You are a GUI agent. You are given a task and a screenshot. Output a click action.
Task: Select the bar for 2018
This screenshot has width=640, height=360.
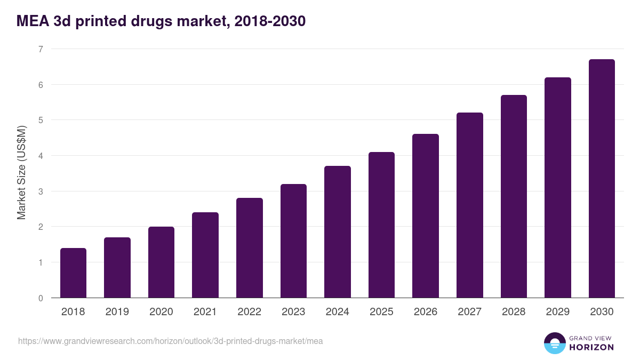[73, 273]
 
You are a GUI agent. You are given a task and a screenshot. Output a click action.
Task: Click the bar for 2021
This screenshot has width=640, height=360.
[205, 255]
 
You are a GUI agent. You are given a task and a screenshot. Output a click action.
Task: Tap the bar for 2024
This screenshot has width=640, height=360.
[338, 232]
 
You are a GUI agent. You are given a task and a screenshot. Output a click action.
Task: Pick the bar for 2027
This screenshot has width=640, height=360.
[470, 205]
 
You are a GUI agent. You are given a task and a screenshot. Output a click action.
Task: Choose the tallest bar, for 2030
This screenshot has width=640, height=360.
[602, 179]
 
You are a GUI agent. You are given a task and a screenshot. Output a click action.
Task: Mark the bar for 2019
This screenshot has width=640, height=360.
[117, 268]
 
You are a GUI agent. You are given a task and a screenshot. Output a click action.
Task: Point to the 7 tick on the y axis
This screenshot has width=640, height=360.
[40, 49]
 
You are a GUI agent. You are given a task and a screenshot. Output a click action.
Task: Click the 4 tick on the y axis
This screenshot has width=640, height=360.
[40, 156]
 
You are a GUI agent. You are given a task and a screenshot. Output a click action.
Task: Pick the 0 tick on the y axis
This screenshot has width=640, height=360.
[40, 298]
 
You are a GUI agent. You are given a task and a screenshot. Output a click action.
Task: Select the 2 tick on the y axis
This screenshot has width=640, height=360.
[40, 227]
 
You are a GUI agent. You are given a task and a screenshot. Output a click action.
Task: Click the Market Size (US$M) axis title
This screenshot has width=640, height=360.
[21, 173]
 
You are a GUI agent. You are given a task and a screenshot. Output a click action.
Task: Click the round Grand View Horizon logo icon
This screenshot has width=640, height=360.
[555, 343]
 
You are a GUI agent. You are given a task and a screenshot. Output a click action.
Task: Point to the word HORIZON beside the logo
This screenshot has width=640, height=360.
[591, 347]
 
